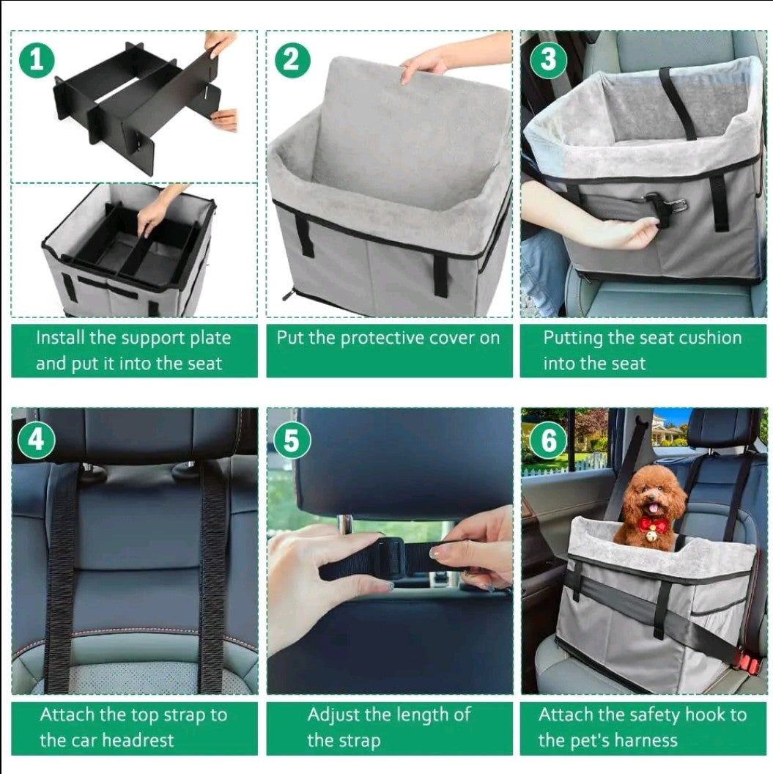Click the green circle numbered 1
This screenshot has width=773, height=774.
(37, 60)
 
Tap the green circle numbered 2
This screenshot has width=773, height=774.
(292, 60)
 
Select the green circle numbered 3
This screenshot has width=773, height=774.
(548, 60)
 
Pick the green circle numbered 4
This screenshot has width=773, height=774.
(36, 439)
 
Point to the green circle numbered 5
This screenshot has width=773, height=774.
(292, 439)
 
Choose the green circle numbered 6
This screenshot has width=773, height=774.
(548, 439)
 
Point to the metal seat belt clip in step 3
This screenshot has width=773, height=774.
(667, 202)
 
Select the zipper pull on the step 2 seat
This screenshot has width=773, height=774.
(288, 295)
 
